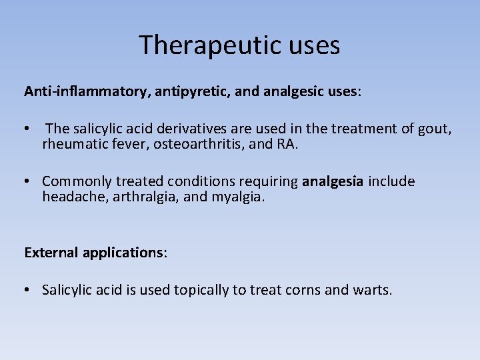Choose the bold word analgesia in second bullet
click(333, 181)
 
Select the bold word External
click(51, 253)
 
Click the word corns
click(309, 290)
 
